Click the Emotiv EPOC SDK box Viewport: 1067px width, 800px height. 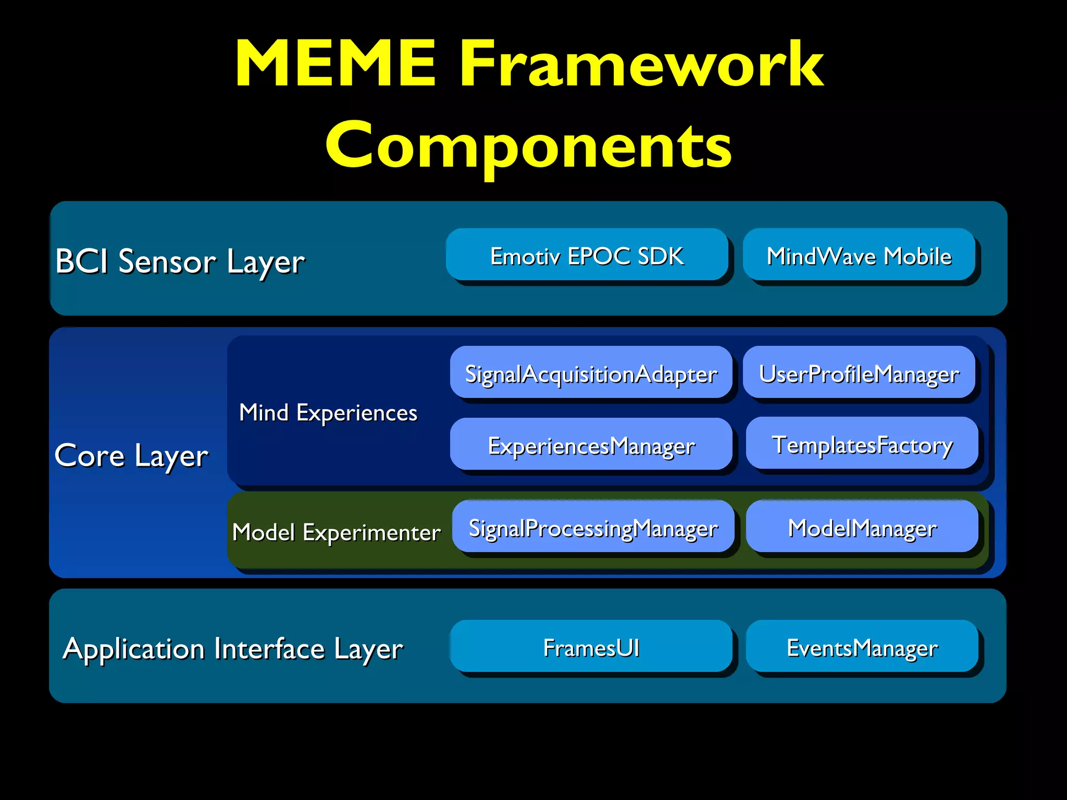tap(587, 255)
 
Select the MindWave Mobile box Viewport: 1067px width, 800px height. tap(859, 255)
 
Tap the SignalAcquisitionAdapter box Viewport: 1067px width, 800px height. tap(591, 373)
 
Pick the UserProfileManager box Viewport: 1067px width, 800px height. tap(859, 373)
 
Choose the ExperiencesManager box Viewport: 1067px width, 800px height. tap(591, 444)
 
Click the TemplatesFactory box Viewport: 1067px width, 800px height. tap(862, 443)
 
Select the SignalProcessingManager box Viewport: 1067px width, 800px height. tap(593, 527)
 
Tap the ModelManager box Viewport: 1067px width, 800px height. tap(862, 527)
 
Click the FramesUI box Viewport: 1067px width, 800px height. tap(591, 646)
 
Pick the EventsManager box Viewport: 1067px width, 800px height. tap(862, 646)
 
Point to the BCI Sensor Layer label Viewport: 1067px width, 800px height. tap(180, 261)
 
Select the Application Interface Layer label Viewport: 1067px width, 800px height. tap(232, 649)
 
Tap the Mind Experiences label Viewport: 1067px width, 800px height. tap(328, 413)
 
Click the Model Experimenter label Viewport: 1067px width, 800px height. tap(336, 532)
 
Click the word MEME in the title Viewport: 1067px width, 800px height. tap(335, 64)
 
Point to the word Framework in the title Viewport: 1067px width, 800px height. tap(641, 64)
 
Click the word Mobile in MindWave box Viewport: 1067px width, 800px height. tap(917, 256)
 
